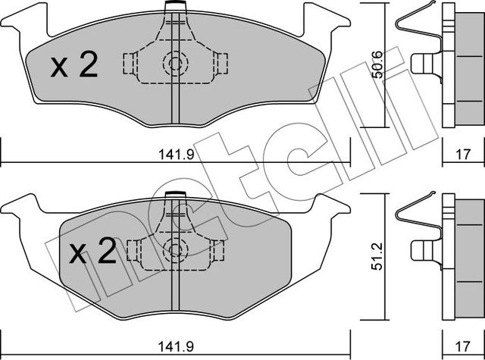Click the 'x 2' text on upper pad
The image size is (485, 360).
pos(74,67)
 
